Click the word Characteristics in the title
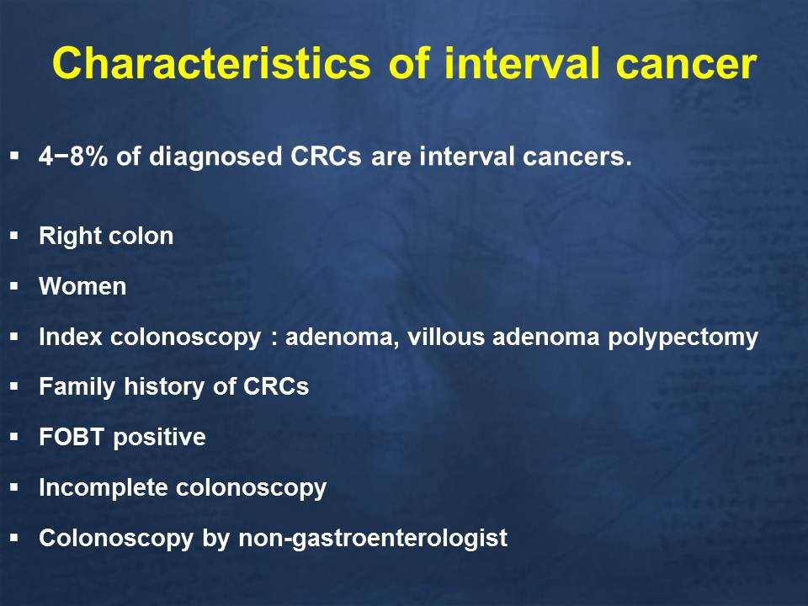211,63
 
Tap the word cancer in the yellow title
686,65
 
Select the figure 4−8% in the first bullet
73,157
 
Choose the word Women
82,286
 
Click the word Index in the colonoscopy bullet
71,337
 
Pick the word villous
446,337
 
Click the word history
165,387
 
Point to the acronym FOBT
72,437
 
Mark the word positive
159,438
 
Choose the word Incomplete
103,488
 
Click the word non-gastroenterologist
373,539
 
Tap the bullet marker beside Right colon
14,236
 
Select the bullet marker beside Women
14,286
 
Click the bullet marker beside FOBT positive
14,437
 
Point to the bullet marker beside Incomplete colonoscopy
14,487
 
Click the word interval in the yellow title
522,63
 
